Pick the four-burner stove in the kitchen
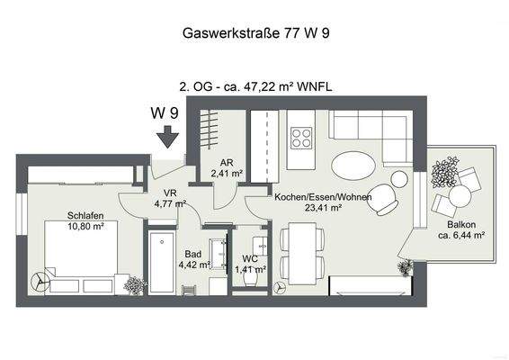click(x=301, y=139)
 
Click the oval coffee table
click(x=354, y=166)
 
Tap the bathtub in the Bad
click(x=163, y=260)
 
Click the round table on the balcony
click(x=460, y=194)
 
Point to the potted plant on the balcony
click(x=444, y=170)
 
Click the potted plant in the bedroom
click(x=135, y=285)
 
